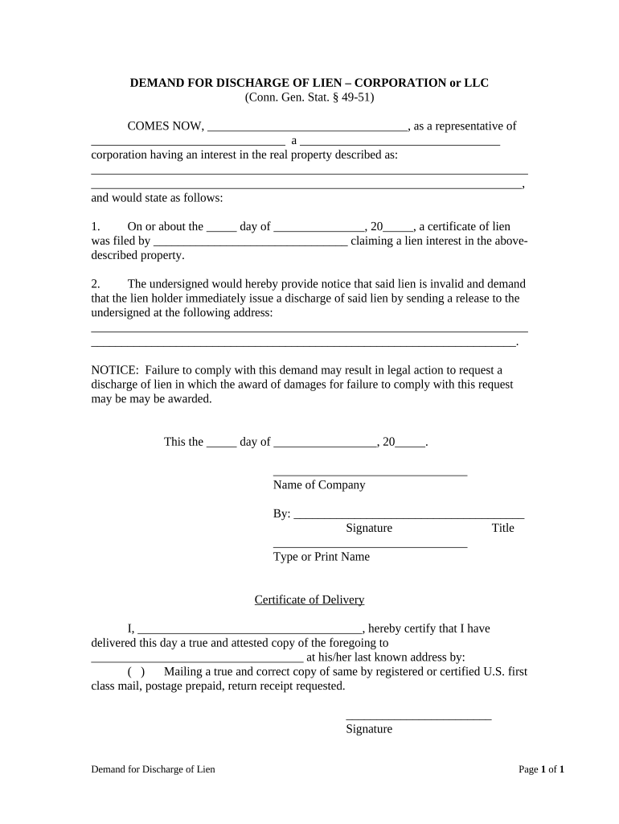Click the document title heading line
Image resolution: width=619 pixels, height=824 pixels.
pyautogui.click(x=309, y=83)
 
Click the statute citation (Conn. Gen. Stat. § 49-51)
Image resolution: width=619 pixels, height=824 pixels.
pyautogui.click(x=309, y=97)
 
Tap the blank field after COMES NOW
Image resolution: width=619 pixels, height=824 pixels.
pyautogui.click(x=307, y=127)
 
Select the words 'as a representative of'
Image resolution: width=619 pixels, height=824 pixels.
pyautogui.click(x=465, y=126)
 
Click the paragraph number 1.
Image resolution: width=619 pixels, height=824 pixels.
pyautogui.click(x=95, y=227)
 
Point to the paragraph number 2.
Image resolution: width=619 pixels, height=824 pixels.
pyautogui.click(x=95, y=284)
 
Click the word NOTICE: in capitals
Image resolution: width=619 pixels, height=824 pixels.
pyautogui.click(x=115, y=370)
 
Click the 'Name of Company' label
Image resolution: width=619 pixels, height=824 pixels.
pyautogui.click(x=319, y=485)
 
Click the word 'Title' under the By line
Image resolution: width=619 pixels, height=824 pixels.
pyautogui.click(x=502, y=529)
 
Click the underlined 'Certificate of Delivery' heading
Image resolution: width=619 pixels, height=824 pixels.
pyautogui.click(x=309, y=600)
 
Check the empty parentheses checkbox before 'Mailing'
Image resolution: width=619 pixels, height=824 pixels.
pyautogui.click(x=136, y=672)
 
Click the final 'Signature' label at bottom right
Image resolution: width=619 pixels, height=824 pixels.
pyautogui.click(x=369, y=729)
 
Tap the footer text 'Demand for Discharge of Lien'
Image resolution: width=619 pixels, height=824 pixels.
pyautogui.click(x=153, y=770)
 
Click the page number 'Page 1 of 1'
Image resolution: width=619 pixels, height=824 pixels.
pyautogui.click(x=541, y=770)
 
